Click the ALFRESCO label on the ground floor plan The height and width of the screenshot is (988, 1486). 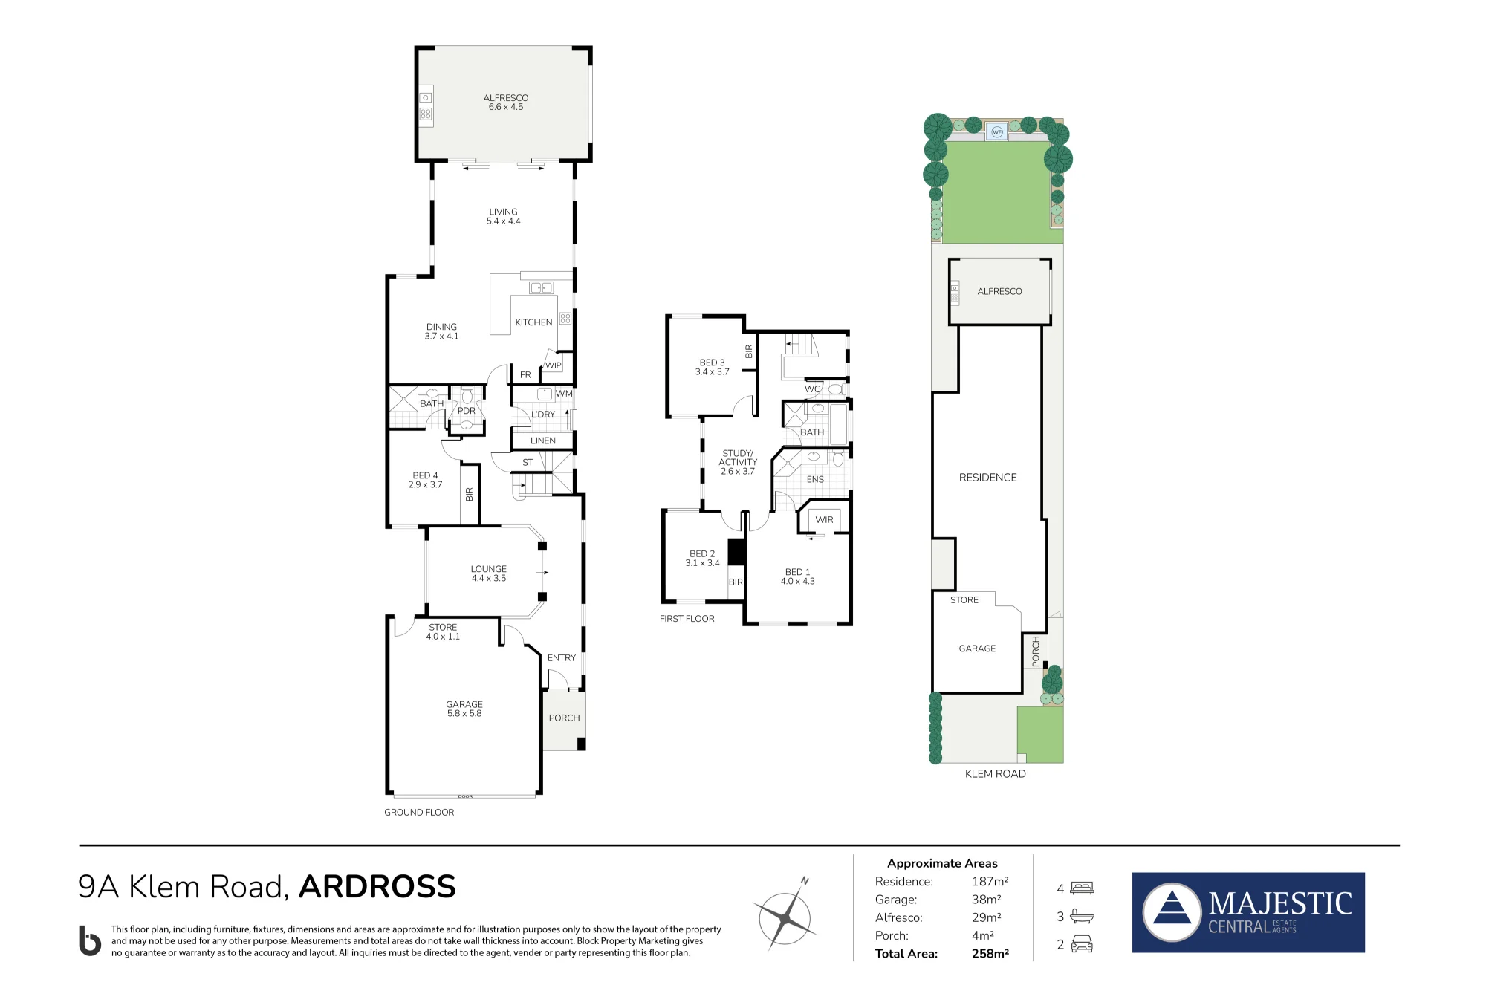coord(506,98)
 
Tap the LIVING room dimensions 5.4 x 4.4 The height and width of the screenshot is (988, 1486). coord(503,221)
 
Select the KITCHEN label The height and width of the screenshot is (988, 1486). coord(533,322)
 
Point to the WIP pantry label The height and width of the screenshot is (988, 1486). coord(554,365)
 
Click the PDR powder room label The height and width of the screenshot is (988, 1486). coord(467,411)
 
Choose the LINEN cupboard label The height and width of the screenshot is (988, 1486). coord(543,441)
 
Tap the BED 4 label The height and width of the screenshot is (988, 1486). coord(425,475)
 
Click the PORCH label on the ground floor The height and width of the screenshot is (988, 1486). coord(565,718)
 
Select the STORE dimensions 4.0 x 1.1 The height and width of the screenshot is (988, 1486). coord(443,637)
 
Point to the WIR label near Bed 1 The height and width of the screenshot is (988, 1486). coord(824,520)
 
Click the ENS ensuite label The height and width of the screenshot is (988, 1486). coord(815,480)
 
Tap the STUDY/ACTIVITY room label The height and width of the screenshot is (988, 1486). coord(738,458)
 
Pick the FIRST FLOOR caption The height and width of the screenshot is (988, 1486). coord(687,619)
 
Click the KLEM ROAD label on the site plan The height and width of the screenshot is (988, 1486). coord(996,774)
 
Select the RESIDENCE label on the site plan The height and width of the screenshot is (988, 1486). coord(988,478)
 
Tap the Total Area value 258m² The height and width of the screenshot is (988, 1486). coord(990,954)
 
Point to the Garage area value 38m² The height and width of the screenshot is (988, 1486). coord(987,900)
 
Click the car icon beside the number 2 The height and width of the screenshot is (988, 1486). coord(1082,944)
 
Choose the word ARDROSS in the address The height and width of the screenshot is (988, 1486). coord(377,887)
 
